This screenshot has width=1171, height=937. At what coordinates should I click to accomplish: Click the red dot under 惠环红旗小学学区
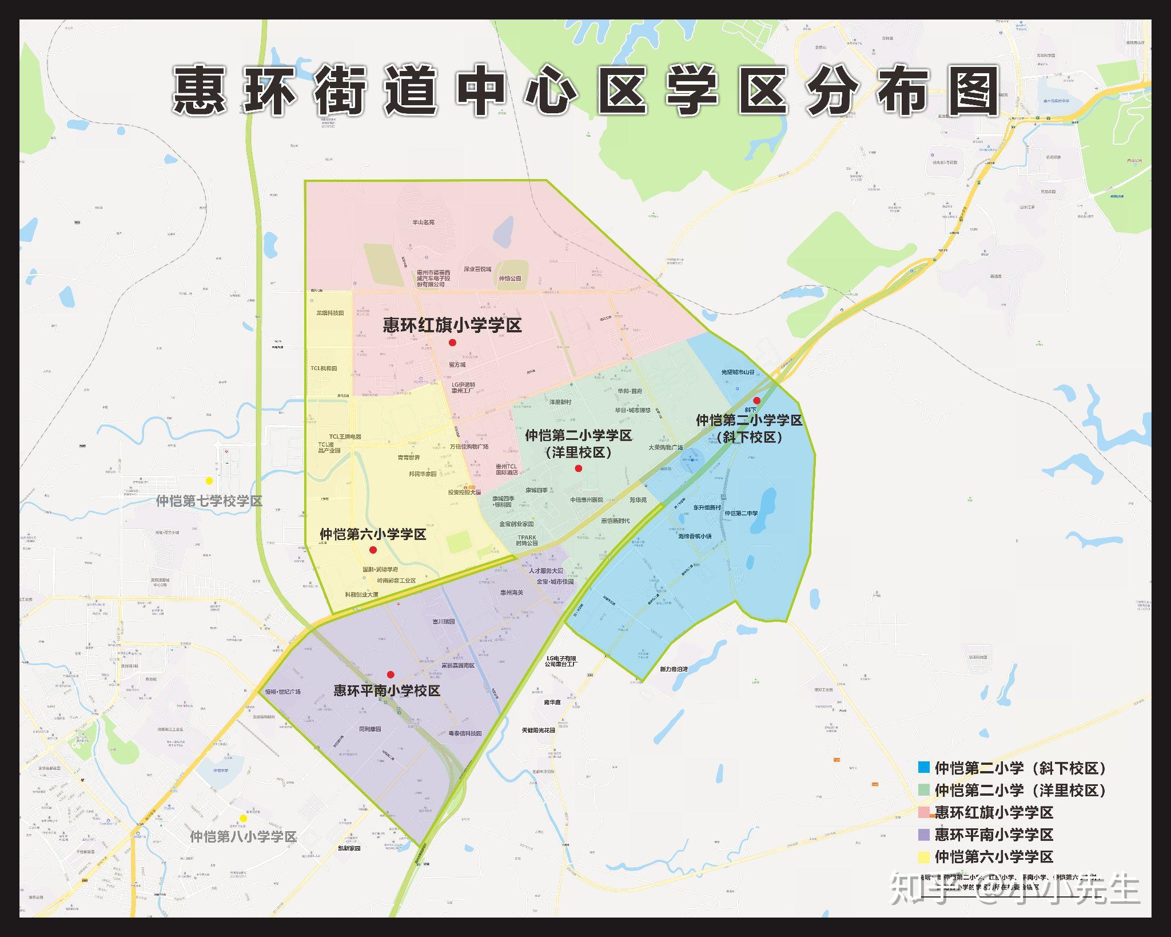[x=452, y=343]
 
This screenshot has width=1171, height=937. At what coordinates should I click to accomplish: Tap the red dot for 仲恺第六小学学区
[x=373, y=550]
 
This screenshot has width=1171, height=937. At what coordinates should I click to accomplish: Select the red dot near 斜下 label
[x=756, y=400]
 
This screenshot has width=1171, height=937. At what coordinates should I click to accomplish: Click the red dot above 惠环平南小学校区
[x=391, y=674]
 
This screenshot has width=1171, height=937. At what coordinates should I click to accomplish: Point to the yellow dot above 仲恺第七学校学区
[x=209, y=481]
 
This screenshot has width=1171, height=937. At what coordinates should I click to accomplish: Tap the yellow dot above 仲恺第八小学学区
[x=243, y=818]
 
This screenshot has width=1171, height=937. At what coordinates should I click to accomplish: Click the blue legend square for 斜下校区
[x=923, y=767]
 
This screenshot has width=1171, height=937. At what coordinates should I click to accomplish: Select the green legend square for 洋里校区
[x=923, y=789]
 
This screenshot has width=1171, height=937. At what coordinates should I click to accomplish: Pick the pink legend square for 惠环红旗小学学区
[x=923, y=812]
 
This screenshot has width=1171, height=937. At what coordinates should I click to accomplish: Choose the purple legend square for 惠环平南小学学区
[x=923, y=834]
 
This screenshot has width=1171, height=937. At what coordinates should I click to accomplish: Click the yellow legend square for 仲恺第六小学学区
[x=923, y=856]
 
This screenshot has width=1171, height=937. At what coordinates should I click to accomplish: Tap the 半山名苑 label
[x=424, y=222]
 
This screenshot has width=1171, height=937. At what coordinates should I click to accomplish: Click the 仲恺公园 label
[x=510, y=279]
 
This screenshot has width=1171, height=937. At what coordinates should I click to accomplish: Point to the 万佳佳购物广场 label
[x=469, y=447]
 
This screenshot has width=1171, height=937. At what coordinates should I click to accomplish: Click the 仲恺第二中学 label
[x=741, y=513]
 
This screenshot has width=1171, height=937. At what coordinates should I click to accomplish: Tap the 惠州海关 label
[x=512, y=593]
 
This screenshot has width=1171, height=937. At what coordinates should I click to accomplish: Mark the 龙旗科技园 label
[x=330, y=313]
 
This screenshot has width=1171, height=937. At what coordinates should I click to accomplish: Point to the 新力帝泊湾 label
[x=674, y=669]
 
